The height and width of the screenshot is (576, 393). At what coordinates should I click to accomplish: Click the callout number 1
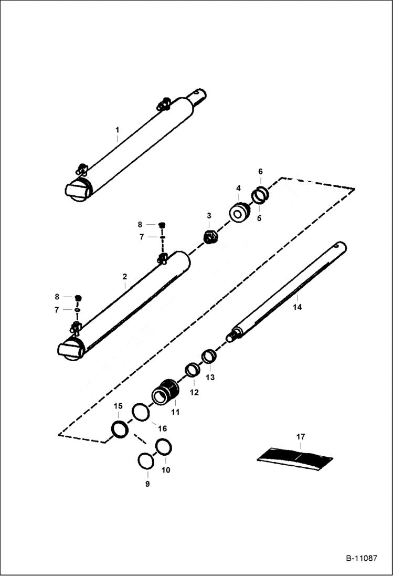point(118,129)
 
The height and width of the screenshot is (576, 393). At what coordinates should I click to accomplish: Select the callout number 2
point(125,276)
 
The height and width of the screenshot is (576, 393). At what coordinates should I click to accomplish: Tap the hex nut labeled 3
point(211,237)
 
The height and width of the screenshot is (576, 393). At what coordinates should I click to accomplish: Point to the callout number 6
point(260,171)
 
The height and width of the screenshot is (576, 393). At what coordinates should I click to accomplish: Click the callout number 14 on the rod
point(297,307)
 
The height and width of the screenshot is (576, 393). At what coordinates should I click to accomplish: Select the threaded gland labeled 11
point(165,392)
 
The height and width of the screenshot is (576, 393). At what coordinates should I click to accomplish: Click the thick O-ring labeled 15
point(120,429)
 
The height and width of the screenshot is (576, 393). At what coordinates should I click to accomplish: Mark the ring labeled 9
point(145,461)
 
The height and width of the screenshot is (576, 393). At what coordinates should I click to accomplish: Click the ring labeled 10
point(164,447)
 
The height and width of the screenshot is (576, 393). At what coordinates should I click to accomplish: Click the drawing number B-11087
point(362,559)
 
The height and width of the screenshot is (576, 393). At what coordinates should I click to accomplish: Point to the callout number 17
point(300,437)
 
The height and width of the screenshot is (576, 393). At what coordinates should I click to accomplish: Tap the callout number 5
point(259,217)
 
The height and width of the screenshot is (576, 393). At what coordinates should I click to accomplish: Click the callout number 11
point(175,412)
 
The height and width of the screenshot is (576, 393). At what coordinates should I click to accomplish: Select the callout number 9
point(147,484)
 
